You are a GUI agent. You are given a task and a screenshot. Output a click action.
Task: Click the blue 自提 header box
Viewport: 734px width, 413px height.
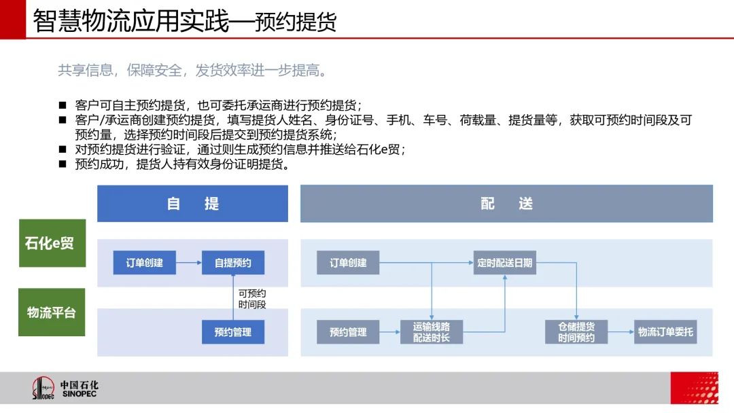(192, 204)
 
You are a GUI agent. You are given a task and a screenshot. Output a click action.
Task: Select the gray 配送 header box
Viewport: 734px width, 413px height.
(506, 204)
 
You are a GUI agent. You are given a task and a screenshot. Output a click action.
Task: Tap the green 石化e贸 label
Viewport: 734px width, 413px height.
(52, 243)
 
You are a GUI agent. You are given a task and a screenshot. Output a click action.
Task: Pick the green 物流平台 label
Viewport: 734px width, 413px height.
(52, 312)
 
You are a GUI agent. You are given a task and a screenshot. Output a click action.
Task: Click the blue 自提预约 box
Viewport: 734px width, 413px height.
(233, 262)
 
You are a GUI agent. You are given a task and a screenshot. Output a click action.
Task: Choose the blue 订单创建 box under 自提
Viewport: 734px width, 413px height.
(145, 262)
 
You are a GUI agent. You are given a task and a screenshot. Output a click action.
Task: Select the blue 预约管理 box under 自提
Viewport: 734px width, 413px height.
(233, 332)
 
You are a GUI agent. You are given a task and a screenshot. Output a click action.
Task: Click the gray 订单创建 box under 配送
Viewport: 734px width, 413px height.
(348, 262)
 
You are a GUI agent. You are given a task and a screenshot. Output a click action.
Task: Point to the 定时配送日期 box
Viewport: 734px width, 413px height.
(504, 262)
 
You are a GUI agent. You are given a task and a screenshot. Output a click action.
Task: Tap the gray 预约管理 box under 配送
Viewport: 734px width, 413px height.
(348, 332)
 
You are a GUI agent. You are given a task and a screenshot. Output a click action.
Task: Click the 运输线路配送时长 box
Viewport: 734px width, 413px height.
(432, 332)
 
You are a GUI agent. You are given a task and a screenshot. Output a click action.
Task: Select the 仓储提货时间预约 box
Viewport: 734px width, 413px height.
(576, 332)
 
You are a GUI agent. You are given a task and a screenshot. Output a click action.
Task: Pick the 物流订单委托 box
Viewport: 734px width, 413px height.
(665, 332)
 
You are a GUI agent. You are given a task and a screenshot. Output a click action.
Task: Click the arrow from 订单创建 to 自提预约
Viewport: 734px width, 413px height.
(189, 262)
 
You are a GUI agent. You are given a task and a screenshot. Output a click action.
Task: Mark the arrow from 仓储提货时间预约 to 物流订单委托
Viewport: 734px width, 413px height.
(621, 332)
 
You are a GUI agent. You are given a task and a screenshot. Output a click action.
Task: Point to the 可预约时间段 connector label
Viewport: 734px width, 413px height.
(252, 299)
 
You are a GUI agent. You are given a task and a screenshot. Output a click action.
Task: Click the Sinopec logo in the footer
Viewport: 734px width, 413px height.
(65, 389)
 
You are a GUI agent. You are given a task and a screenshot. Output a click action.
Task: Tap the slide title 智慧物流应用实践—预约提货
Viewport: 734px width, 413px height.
(184, 21)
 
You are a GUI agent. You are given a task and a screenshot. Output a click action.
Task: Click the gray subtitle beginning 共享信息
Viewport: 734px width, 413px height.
(192, 70)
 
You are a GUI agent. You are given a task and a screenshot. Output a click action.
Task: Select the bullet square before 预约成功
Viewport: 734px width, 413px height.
(63, 164)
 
